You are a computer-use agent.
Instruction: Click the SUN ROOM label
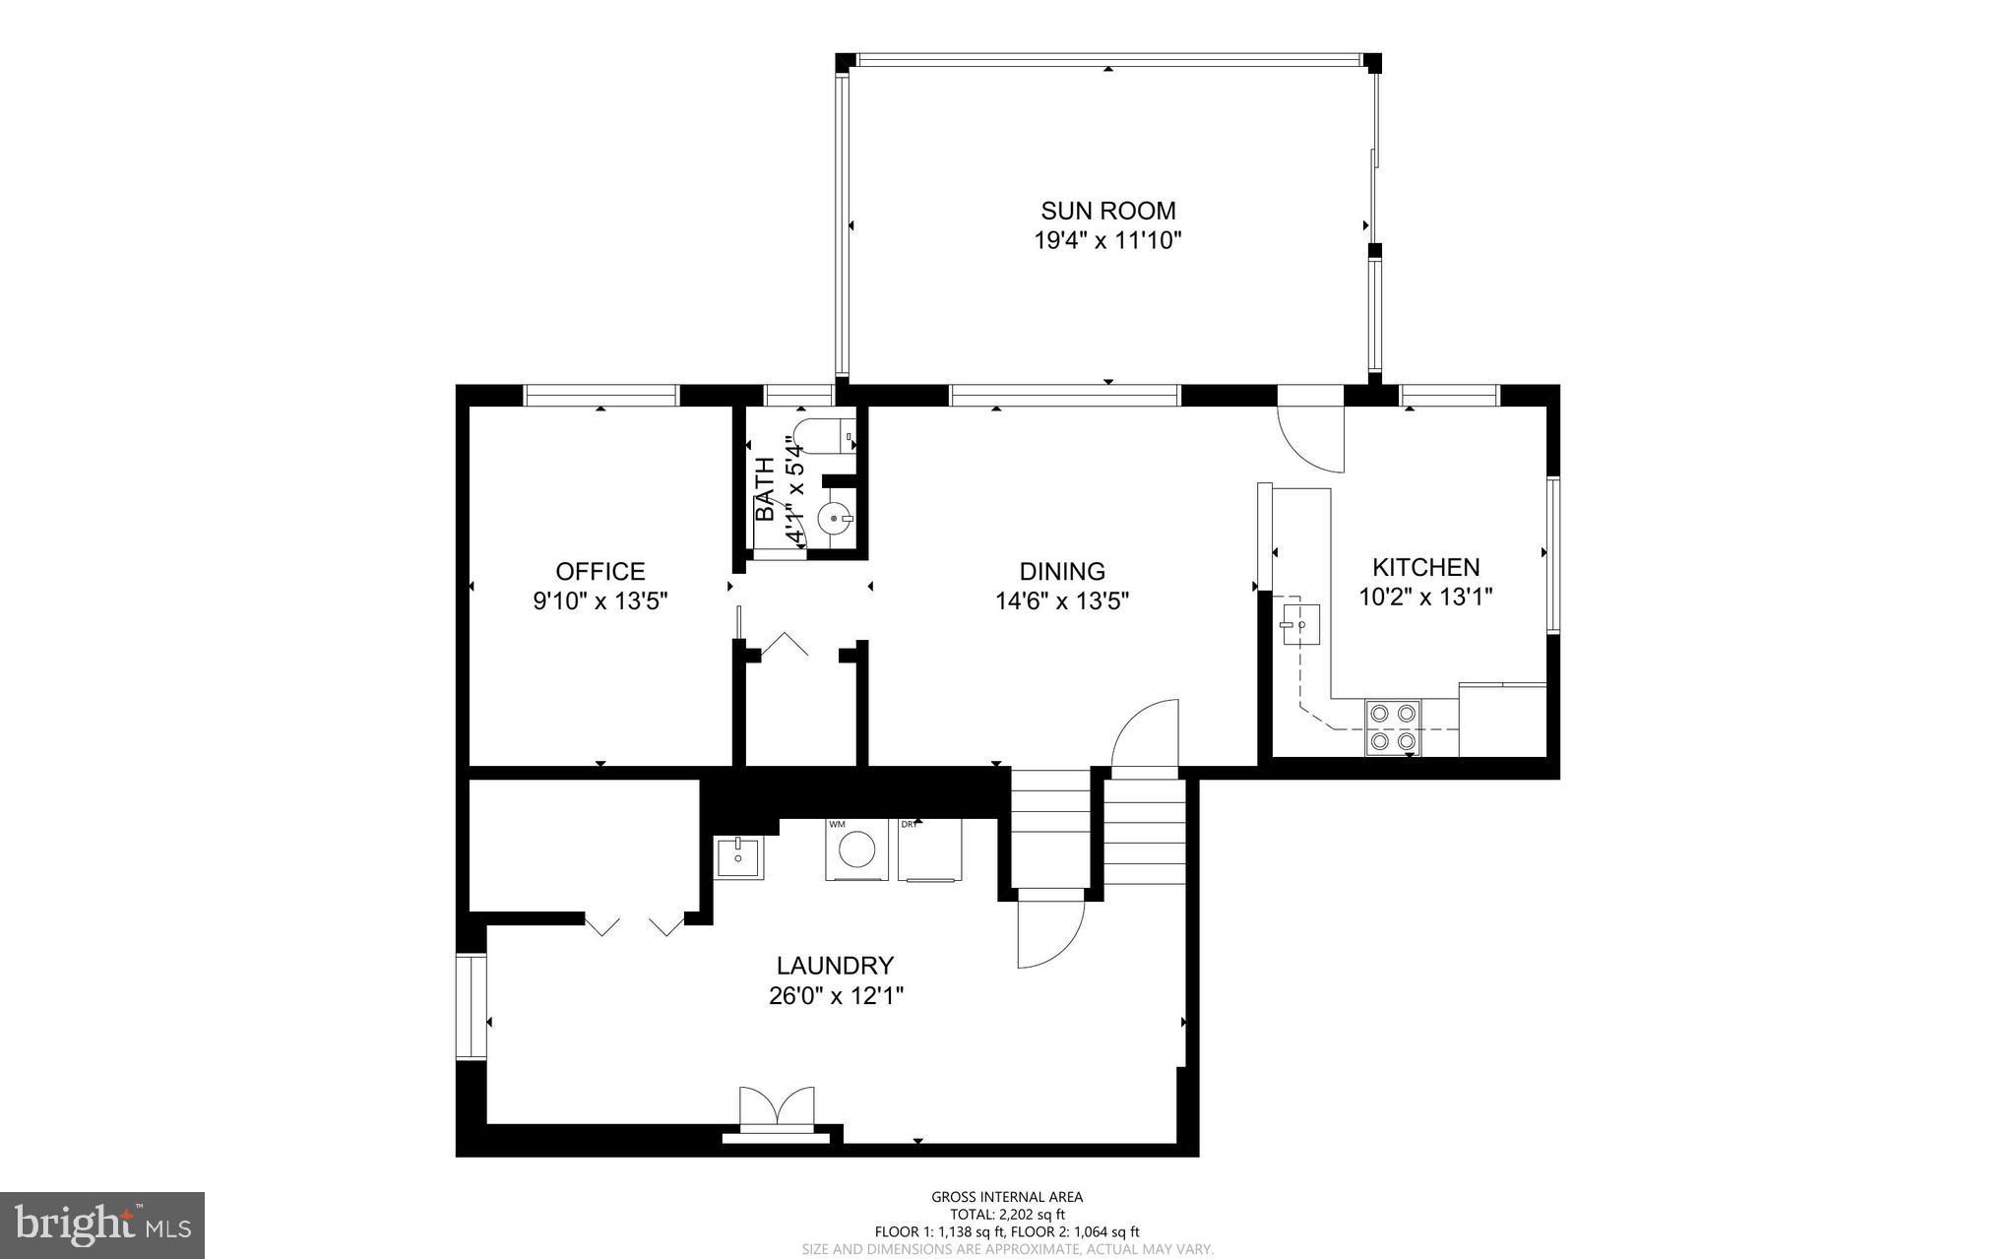tap(1107, 211)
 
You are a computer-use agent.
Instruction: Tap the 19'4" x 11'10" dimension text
tap(1107, 240)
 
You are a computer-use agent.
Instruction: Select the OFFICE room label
tap(599, 571)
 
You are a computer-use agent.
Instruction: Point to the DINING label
tap(1061, 571)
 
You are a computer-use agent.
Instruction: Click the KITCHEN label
tap(1425, 567)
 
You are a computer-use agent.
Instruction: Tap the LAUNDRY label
tap(835, 966)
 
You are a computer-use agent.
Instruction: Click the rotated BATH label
tap(765, 489)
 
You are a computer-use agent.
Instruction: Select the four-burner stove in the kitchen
tap(1392, 727)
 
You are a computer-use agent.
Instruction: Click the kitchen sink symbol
tap(1300, 624)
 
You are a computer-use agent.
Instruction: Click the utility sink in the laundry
tap(737, 857)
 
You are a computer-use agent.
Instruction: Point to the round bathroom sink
tap(835, 516)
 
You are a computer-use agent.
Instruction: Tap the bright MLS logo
tap(102, 1225)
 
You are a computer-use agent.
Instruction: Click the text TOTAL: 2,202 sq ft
tap(1007, 1215)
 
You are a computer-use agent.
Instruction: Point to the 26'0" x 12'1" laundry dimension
tap(836, 996)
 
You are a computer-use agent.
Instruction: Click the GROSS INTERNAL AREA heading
tap(1007, 1197)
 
